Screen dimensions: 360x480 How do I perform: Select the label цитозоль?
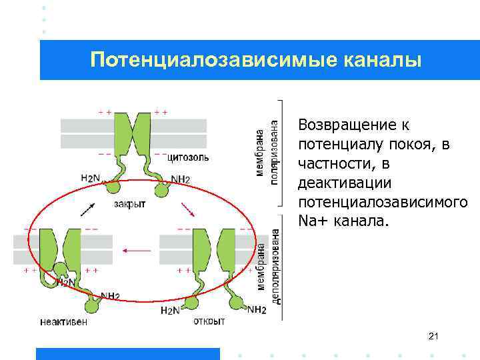[x=189, y=158]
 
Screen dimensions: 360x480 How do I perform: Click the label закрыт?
[x=129, y=205]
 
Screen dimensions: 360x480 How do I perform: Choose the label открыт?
[x=209, y=321]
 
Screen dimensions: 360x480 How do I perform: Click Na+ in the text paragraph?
[x=313, y=220]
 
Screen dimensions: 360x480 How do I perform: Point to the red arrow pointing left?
[x=137, y=251]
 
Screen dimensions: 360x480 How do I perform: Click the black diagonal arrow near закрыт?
[x=87, y=209]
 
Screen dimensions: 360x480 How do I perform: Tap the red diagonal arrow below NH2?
[x=189, y=209]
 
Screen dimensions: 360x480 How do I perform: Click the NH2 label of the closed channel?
[x=180, y=179]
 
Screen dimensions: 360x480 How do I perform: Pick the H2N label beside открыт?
[x=170, y=311]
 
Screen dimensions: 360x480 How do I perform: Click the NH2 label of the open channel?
[x=257, y=309]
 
